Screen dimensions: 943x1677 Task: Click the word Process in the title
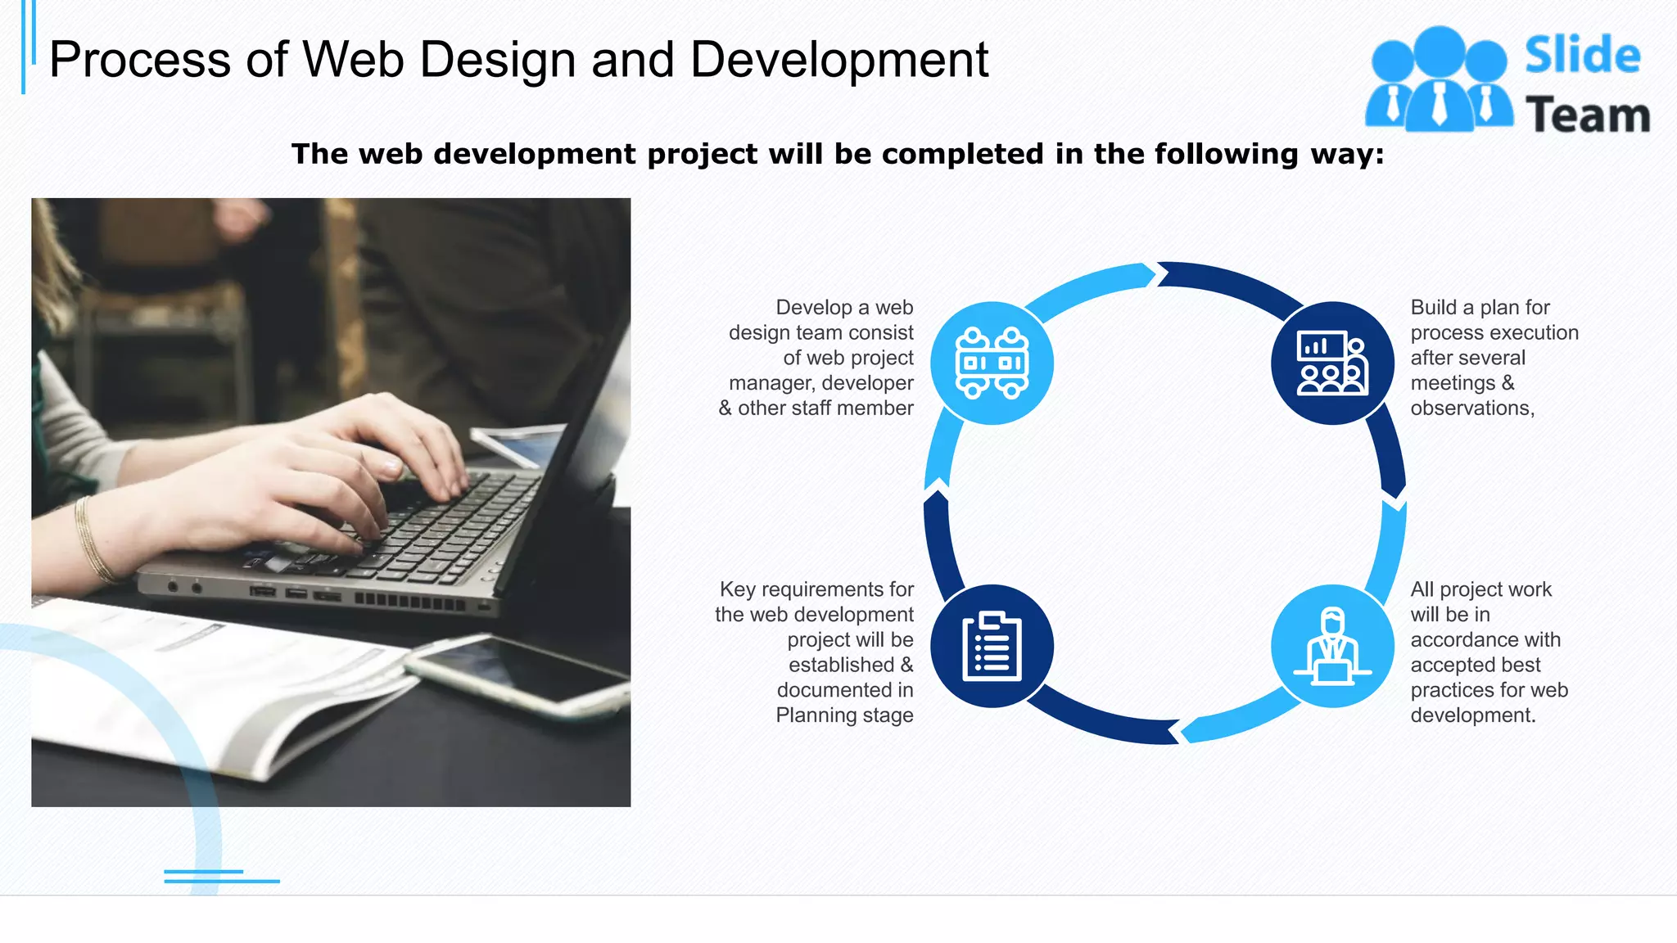(x=140, y=60)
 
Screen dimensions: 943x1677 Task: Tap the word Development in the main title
(x=838, y=60)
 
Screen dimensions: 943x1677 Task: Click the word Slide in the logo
(x=1582, y=56)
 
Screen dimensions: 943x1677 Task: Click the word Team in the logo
(x=1587, y=115)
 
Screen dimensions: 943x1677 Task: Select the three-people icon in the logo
(x=1439, y=79)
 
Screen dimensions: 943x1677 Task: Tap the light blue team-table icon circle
(x=992, y=363)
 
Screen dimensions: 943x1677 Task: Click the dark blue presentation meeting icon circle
(x=1332, y=363)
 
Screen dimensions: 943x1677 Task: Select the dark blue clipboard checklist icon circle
(x=992, y=646)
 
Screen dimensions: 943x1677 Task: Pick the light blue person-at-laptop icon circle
(x=1332, y=646)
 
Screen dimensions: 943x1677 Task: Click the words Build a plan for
(x=1480, y=308)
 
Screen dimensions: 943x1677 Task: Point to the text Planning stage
(x=844, y=715)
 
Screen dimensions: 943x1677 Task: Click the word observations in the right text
(x=1471, y=408)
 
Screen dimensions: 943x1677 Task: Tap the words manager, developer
(x=820, y=383)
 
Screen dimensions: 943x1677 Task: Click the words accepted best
(x=1475, y=665)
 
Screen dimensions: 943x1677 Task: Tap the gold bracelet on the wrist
(x=92, y=540)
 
